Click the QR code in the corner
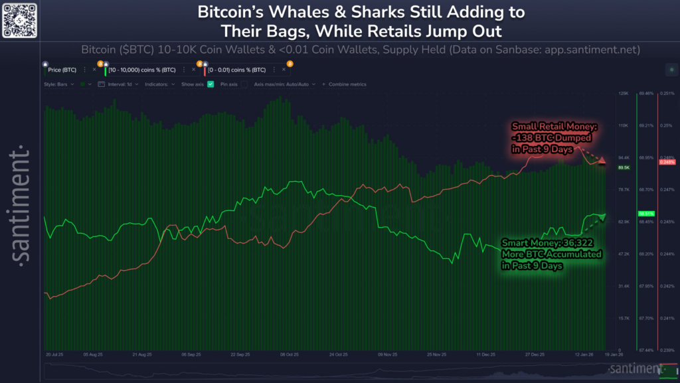[19, 20]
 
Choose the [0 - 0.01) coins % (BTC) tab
[237, 70]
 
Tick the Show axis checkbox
[211, 84]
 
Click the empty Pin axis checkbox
[244, 84]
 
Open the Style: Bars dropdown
[59, 84]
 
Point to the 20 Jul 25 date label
[55, 355]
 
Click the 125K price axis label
[623, 94]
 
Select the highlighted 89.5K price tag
[624, 168]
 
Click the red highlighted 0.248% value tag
[667, 162]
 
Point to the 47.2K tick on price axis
[623, 254]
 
